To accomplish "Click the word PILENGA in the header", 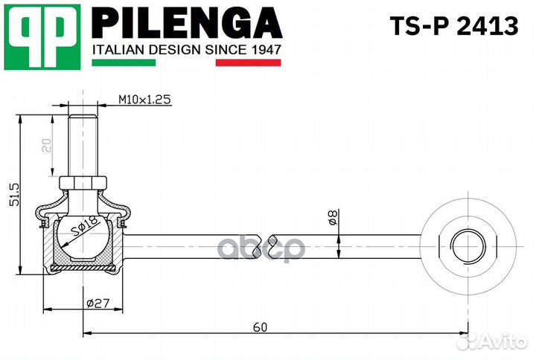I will click(186, 25).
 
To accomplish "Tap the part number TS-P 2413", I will click(453, 26).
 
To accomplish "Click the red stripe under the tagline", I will click(248, 63).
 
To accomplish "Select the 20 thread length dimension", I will click(48, 144).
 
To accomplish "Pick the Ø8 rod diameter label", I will click(333, 218).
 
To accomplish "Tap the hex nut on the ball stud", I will click(83, 182).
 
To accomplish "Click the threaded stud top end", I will click(83, 113).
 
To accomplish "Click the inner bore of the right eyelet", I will click(465, 243).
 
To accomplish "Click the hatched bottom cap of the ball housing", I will click(83, 265).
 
